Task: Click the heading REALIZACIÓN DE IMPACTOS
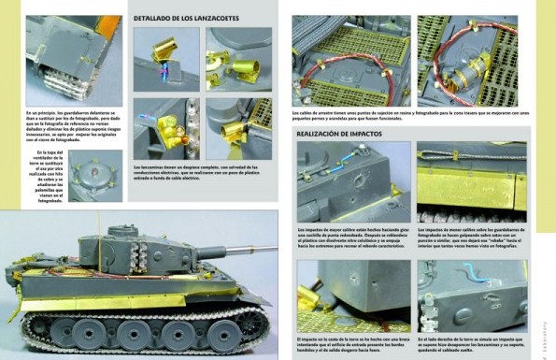341,134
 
